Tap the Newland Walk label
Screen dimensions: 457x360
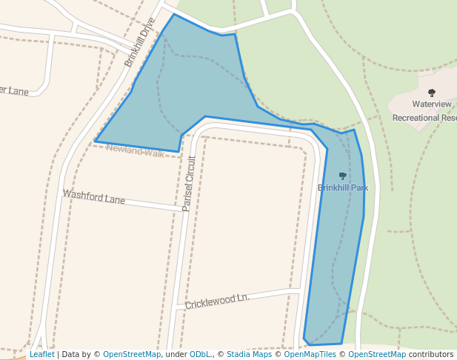[135, 151]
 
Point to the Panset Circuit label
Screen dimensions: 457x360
[188, 184]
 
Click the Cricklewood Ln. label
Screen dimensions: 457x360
[217, 301]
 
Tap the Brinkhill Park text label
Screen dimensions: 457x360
[343, 187]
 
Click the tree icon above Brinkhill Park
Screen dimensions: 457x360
[342, 176]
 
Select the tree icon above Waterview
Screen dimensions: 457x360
[432, 93]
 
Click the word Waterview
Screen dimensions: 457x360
[432, 104]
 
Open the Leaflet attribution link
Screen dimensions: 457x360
[41, 354]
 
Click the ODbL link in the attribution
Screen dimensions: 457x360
[200, 354]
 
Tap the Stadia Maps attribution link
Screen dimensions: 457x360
[249, 354]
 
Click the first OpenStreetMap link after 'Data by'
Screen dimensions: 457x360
[132, 354]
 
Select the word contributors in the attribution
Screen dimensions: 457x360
[430, 354]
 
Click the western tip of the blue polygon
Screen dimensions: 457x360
[96, 141]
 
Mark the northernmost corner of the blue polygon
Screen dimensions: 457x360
[174, 14]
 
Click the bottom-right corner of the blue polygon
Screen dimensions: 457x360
[341, 344]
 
